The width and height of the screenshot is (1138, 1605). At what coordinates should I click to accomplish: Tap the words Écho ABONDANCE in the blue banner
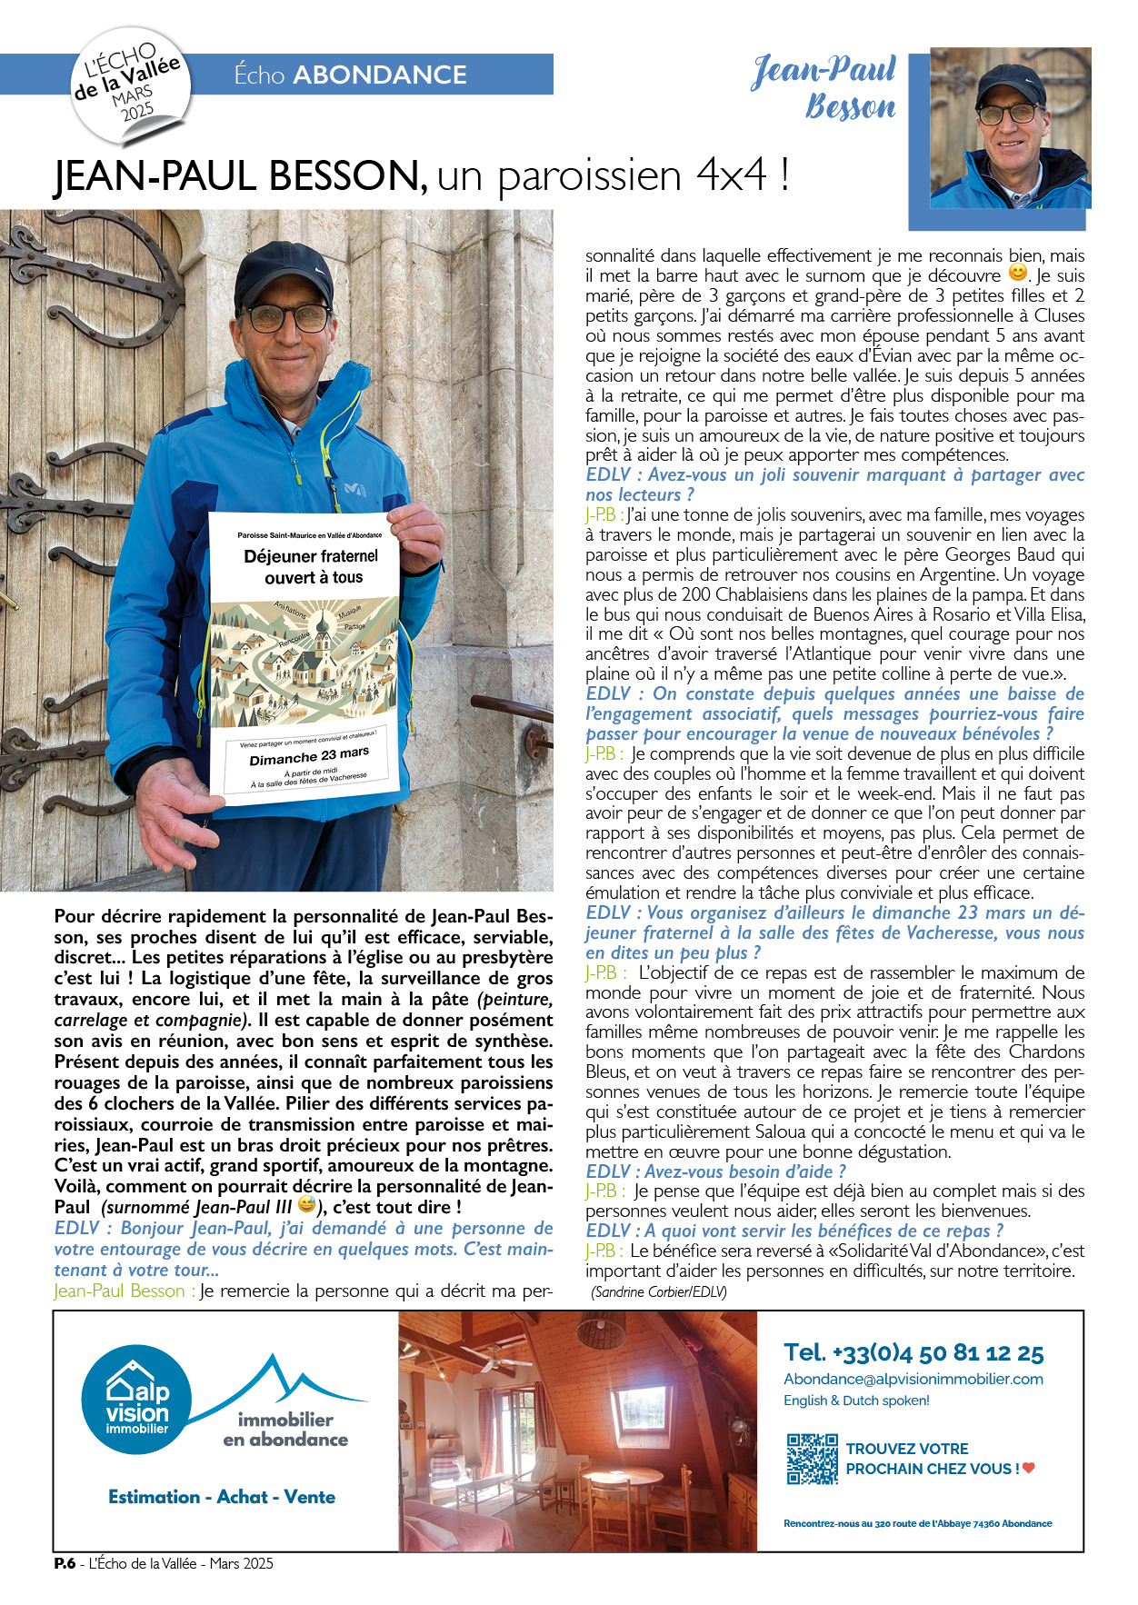[351, 75]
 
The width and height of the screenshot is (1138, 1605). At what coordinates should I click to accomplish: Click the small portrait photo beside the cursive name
[1011, 128]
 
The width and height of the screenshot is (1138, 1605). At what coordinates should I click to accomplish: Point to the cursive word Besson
[850, 107]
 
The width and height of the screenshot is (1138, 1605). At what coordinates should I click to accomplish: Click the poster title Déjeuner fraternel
[311, 556]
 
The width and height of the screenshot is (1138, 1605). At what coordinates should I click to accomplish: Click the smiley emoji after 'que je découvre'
[1018, 274]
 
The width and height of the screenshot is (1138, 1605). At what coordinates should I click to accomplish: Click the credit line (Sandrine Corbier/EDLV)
[658, 1291]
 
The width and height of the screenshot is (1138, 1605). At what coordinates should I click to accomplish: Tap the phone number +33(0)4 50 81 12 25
[913, 1353]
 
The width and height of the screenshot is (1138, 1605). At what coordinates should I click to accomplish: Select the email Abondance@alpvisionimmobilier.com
[913, 1379]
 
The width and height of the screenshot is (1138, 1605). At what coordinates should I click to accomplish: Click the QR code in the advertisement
[812, 1459]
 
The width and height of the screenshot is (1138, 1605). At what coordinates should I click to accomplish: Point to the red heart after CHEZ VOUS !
[1029, 1468]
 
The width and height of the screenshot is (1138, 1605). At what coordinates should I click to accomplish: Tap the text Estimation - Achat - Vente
[222, 1497]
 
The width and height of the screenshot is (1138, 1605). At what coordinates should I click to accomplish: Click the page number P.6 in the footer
[65, 1564]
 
